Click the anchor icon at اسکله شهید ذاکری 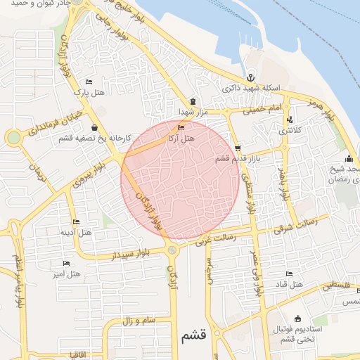coord(250,77)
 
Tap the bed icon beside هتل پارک coord(89,82)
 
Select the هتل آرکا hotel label coord(181,139)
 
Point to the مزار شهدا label coord(190,112)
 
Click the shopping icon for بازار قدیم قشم coord(238,148)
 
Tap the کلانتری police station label coord(289,131)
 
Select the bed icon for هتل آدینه coord(76,222)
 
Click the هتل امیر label coord(67,274)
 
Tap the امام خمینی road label coord(262,110)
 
